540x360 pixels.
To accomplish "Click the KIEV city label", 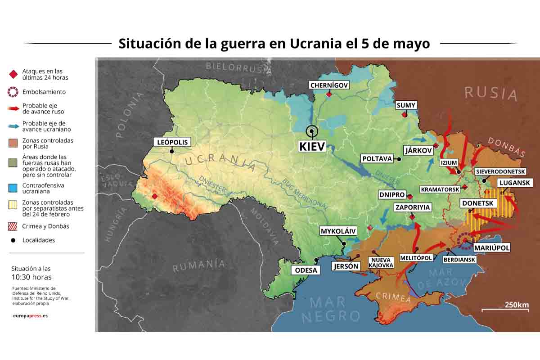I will click(312, 147).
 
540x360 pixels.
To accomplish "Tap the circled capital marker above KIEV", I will click(311, 132).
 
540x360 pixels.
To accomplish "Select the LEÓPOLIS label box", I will click(172, 142).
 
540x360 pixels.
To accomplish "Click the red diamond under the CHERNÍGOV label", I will click(329, 94).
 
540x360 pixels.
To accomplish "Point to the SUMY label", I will click(406, 105).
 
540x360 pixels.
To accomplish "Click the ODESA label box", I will click(306, 270).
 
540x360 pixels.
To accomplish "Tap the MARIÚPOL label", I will click(492, 248).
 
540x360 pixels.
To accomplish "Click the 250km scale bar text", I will click(516, 305).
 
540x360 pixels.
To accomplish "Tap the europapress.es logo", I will click(30, 315).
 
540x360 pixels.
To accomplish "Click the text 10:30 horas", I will click(31, 277).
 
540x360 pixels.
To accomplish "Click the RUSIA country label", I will click(491, 93).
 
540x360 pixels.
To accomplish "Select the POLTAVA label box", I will click(377, 158).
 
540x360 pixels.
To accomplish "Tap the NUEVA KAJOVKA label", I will click(381, 263).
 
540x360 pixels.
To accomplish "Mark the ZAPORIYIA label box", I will click(413, 207).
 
